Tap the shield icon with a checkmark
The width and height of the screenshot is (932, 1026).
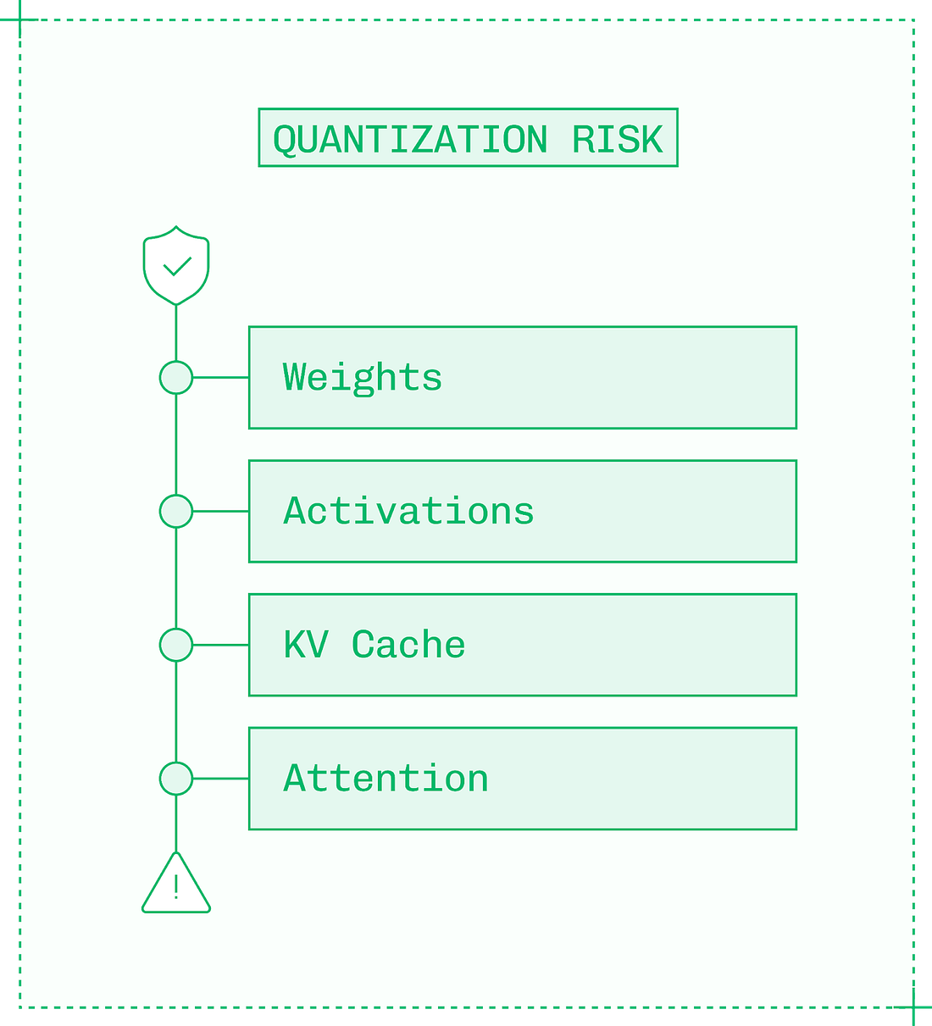coord(176,265)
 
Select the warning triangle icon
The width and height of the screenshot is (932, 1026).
coord(176,886)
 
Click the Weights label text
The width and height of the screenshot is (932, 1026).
coord(363,378)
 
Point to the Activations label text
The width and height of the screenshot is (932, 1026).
coord(408,511)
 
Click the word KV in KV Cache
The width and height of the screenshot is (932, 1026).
coord(305,645)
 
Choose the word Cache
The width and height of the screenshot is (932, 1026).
coord(408,645)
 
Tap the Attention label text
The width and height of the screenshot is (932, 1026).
coord(386,779)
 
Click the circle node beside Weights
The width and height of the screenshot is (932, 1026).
coord(176,378)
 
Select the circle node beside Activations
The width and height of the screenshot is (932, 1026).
coord(176,511)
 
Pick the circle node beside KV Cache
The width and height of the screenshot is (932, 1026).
coord(176,645)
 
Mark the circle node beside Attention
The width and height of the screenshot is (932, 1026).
coord(176,779)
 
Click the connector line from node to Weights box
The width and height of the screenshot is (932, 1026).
coord(220,378)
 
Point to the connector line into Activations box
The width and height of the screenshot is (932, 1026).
coord(220,511)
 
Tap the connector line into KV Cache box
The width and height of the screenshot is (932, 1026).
coord(220,645)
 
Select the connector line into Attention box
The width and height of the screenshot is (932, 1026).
coord(220,779)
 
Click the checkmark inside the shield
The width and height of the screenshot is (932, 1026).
coord(176,268)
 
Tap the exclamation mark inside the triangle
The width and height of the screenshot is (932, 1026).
coord(176,887)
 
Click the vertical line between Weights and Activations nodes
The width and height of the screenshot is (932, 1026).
coord(176,445)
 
